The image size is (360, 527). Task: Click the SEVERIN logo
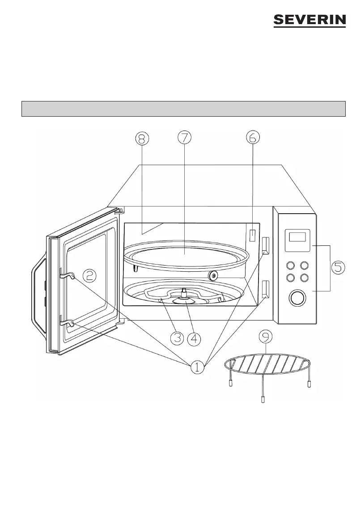coord(309,21)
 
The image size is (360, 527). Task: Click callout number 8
coord(141,139)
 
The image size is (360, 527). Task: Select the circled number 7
coord(184,138)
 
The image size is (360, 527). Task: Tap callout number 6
coord(253,138)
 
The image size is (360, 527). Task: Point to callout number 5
coord(339,268)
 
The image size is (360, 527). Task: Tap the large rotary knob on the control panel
coord(296,298)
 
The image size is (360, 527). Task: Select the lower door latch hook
coord(66,323)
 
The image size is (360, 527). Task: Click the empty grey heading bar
coord(184,109)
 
